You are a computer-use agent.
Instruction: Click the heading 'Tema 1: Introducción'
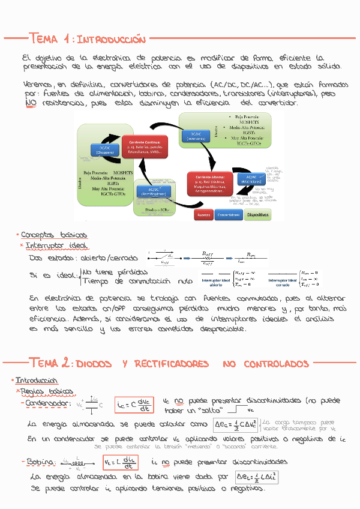pos(87,39)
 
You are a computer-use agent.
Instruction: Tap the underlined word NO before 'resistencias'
pos(31,103)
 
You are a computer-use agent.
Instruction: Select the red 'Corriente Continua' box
pos(144,146)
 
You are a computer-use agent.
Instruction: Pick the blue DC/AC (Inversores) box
pos(196,136)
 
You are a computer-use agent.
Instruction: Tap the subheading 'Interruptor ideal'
pos(56,245)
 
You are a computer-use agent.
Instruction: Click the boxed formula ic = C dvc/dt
pos(134,406)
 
